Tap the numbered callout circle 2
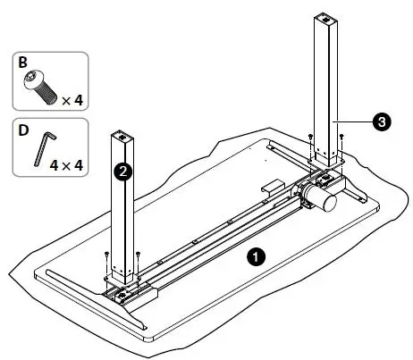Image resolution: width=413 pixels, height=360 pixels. point(127,170)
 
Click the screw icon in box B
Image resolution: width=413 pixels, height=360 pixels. point(40,87)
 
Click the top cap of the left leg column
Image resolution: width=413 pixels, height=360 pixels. point(122,137)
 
